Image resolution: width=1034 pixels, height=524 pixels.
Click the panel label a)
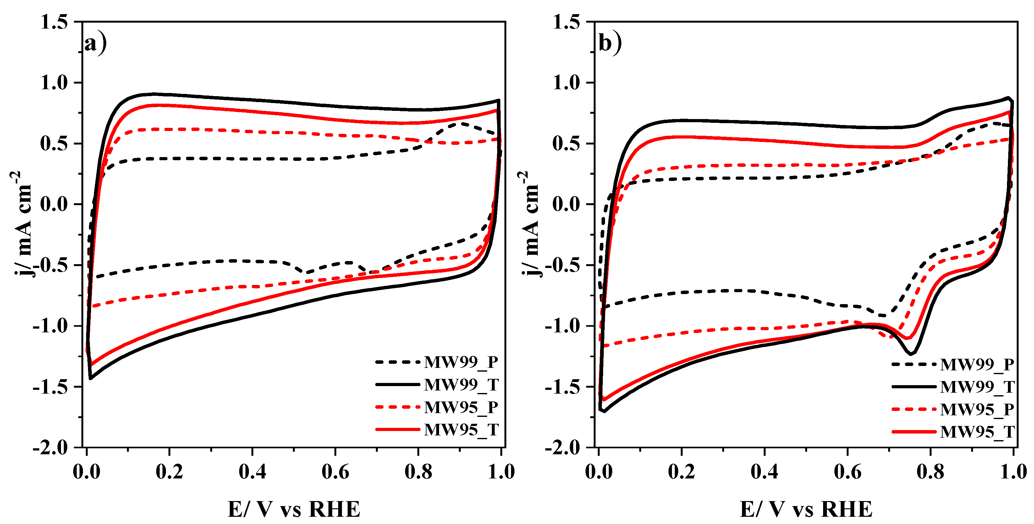point(95,43)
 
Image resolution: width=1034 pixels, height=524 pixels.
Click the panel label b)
point(610,43)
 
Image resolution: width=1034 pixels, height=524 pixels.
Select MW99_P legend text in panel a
point(461,362)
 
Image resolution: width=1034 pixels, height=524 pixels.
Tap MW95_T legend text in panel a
point(461,430)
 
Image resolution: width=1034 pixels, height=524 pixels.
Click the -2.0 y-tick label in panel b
point(562,448)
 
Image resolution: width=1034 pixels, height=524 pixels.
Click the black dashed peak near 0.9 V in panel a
point(462,123)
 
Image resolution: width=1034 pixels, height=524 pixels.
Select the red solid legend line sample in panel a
point(397,429)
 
